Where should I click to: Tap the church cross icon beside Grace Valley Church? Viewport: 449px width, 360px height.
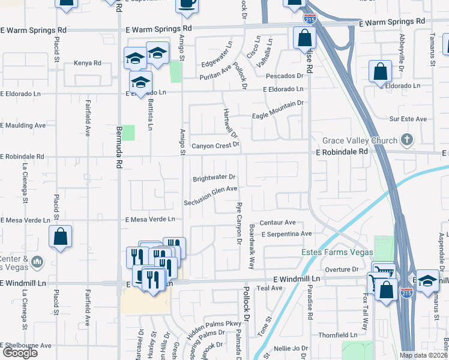(x=407, y=140)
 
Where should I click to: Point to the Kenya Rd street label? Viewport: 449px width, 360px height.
(x=87, y=62)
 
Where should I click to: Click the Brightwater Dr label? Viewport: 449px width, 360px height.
(x=214, y=178)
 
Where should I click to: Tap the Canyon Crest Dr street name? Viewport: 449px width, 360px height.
(x=215, y=145)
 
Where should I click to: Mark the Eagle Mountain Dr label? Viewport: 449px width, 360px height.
(x=278, y=103)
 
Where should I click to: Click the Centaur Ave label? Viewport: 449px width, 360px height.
(x=278, y=222)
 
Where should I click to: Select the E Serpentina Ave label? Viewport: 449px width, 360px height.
(x=287, y=233)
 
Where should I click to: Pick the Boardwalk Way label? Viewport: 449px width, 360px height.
(x=253, y=247)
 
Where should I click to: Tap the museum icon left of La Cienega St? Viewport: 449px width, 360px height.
(x=37, y=261)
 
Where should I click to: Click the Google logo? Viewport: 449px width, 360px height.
(x=20, y=353)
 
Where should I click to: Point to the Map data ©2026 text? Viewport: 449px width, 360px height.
(x=424, y=355)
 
